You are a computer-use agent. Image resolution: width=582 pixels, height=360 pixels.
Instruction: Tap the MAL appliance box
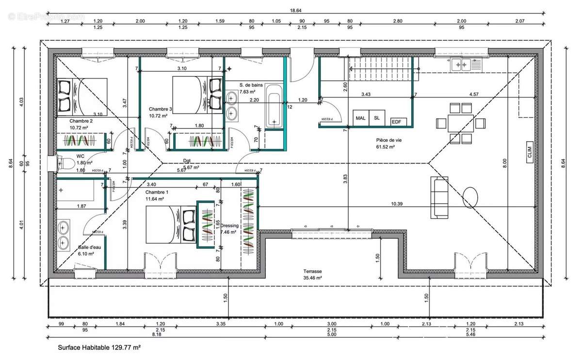[360, 118]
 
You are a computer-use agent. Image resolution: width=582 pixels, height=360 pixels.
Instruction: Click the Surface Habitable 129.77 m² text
[99, 347]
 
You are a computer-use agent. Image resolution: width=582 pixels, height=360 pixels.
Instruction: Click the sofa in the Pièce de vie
[440, 196]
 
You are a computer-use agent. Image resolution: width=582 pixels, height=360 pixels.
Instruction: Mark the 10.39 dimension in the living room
[397, 204]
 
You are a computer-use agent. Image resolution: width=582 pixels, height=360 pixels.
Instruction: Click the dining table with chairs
[460, 123]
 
